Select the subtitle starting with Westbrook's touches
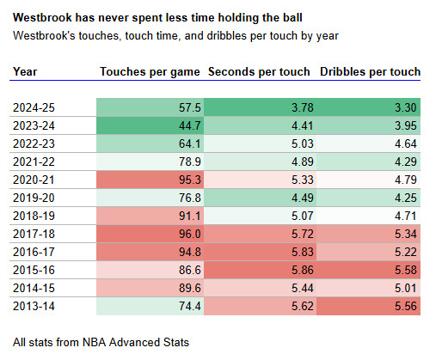tap(176, 35)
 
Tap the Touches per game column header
tap(150, 72)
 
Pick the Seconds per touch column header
tap(260, 72)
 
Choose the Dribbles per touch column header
tap(370, 72)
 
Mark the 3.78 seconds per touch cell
tap(260, 108)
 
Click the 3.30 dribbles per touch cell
tap(370, 108)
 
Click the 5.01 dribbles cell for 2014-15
tap(370, 286)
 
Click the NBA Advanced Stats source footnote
tap(101, 341)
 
